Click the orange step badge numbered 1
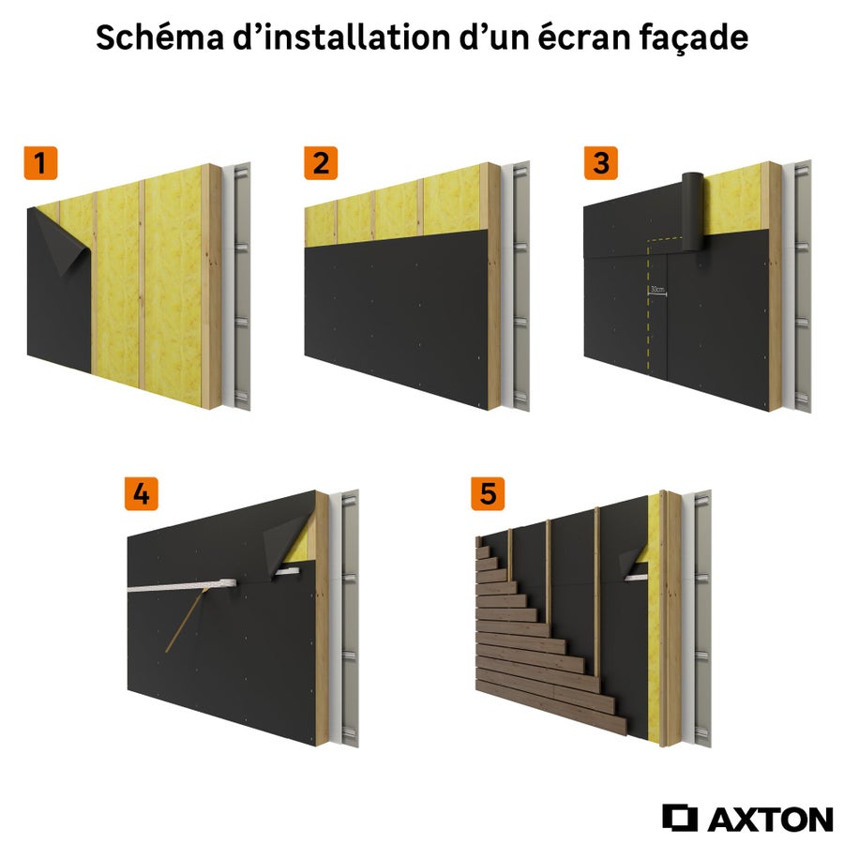click(38, 163)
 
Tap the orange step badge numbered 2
click(321, 163)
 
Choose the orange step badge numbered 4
click(142, 494)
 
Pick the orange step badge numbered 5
click(487, 494)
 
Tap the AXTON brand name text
click(769, 819)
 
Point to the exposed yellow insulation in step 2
click(394, 211)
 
